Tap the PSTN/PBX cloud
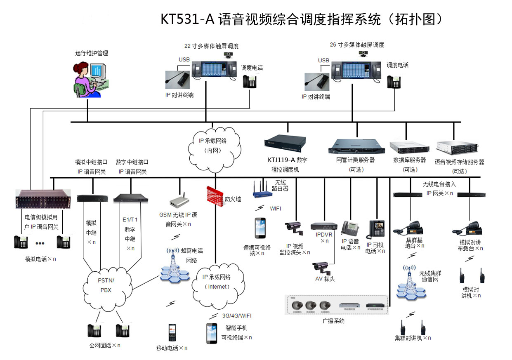coord(106,285)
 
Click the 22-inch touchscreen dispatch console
coord(212,71)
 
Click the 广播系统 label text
coord(333,320)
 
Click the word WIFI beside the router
coord(276,208)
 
